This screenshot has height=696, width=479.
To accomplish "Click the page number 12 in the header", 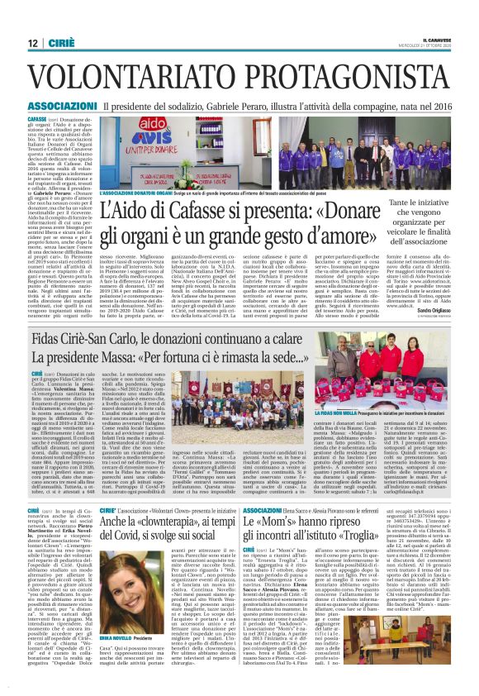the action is tap(31, 44).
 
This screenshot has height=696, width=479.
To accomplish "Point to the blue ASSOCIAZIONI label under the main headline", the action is tap(61, 107).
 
